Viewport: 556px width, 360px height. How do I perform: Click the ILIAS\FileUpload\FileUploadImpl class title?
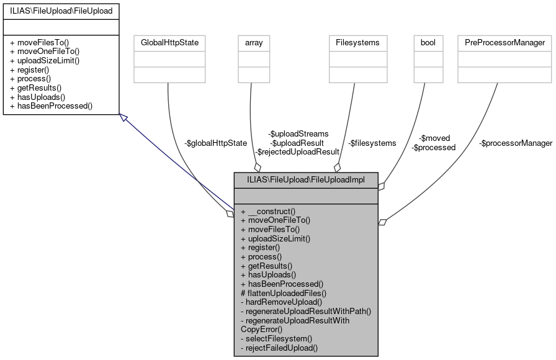[305, 179]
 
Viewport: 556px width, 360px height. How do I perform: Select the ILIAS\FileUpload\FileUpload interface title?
[60, 11]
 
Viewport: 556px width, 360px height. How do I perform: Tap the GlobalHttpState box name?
[169, 43]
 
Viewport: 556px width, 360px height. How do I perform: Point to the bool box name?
[428, 43]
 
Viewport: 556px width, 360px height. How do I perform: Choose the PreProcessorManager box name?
[504, 43]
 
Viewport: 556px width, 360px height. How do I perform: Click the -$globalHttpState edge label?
[215, 143]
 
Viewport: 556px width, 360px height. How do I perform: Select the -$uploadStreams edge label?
[298, 133]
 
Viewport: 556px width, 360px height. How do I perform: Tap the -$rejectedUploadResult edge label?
[297, 151]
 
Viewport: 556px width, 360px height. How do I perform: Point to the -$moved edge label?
[434, 138]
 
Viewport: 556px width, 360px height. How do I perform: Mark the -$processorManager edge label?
[515, 143]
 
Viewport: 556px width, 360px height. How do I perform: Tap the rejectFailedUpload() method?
[279, 348]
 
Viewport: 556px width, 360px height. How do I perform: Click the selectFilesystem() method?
[276, 339]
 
